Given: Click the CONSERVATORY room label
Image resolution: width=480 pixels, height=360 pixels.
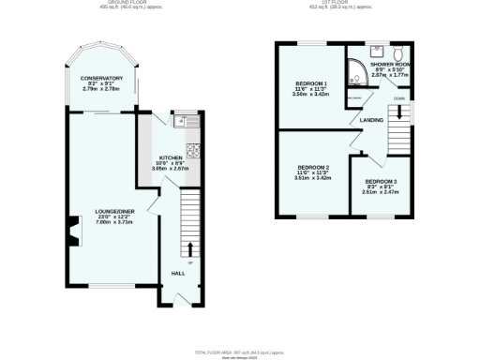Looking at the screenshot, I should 102,78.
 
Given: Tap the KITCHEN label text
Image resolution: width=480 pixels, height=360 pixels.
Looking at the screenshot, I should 171,157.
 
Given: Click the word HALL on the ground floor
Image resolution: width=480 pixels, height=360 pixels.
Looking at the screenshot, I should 177,273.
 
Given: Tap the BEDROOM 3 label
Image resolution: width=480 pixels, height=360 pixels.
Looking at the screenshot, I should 382,180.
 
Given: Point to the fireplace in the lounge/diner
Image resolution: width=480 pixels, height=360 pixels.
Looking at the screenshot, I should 72,229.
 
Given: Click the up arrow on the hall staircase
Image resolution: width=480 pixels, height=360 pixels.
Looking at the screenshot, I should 190,248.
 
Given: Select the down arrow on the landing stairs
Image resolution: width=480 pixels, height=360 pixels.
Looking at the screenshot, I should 399,111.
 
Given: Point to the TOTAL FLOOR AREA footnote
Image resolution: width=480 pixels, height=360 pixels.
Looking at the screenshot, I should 240,351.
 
